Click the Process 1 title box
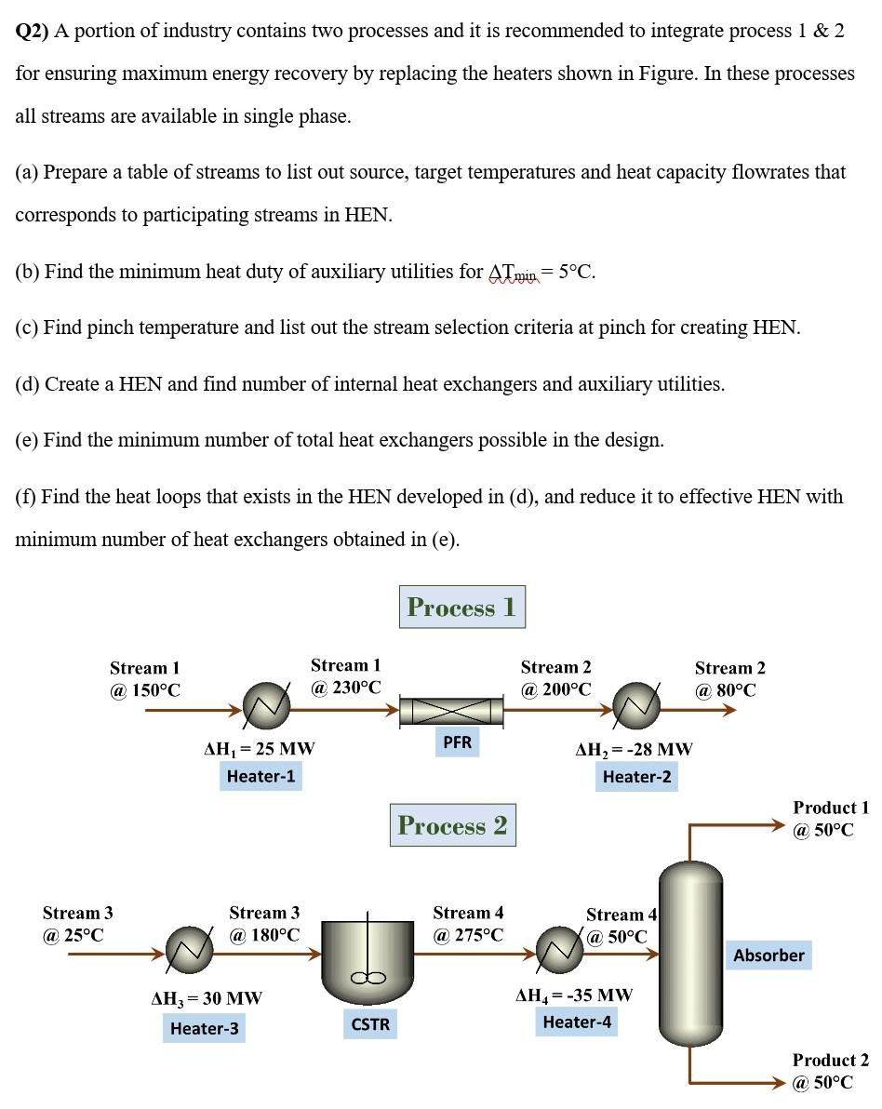pos(461,607)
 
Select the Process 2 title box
pos(452,825)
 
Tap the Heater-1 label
pos(261,776)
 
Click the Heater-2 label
pos(636,776)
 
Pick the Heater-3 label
pos(204,1028)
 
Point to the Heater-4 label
pos(577,1022)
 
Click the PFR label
pos(457,742)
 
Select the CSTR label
pos(370,1024)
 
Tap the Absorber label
pos(768,955)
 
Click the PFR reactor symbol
pos(451,712)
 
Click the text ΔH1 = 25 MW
pos(259,748)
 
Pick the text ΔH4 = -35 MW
pos(574,995)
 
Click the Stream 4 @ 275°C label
pos(468,924)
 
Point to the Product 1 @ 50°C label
pos(830,819)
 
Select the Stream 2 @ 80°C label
pos(729,679)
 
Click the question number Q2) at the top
pos(33,31)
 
